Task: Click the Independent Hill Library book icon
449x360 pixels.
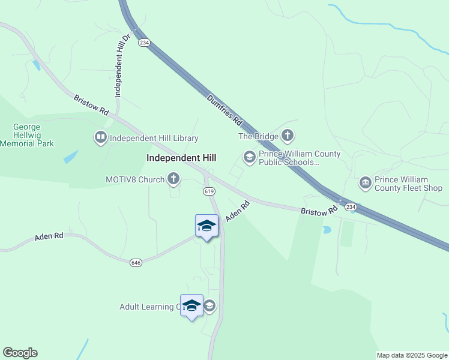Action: pos(100,138)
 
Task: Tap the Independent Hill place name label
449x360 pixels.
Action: pos(181,158)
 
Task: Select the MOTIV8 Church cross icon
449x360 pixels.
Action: pos(173,179)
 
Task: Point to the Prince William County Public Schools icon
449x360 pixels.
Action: pos(249,158)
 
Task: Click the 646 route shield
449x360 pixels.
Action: pos(135,262)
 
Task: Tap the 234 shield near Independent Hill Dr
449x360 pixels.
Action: pos(143,43)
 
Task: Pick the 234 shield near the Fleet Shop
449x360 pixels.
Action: pos(351,206)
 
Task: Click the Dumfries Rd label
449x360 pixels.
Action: pos(224,110)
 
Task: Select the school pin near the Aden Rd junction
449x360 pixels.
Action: pos(206,227)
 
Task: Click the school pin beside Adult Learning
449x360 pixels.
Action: pos(191,307)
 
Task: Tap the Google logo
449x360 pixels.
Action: pos(20,353)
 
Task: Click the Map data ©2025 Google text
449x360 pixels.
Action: pos(412,355)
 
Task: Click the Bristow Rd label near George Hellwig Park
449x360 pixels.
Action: pos(91,105)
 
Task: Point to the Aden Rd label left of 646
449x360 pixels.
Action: pos(49,237)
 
